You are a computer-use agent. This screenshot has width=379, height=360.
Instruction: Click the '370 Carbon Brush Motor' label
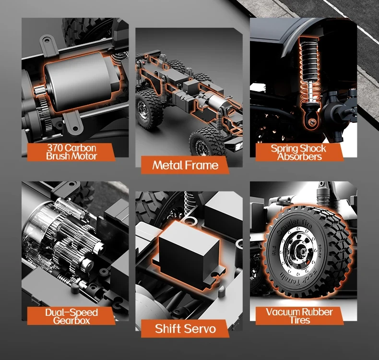[x=71, y=152]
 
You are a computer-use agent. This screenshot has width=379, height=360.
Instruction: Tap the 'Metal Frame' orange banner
[x=185, y=165]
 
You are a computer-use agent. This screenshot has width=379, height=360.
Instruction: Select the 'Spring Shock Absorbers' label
[x=298, y=152]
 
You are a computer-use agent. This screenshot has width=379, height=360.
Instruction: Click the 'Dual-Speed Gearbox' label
[x=71, y=316]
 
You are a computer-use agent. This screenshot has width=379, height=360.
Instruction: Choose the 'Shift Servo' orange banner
[x=185, y=329]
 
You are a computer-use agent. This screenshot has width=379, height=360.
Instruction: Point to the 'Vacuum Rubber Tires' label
[x=299, y=316]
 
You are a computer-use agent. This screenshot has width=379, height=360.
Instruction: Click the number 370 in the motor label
[x=55, y=148]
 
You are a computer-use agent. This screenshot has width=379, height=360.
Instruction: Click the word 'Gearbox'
[x=71, y=321]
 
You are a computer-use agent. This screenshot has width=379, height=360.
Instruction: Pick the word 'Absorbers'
[x=299, y=156]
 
